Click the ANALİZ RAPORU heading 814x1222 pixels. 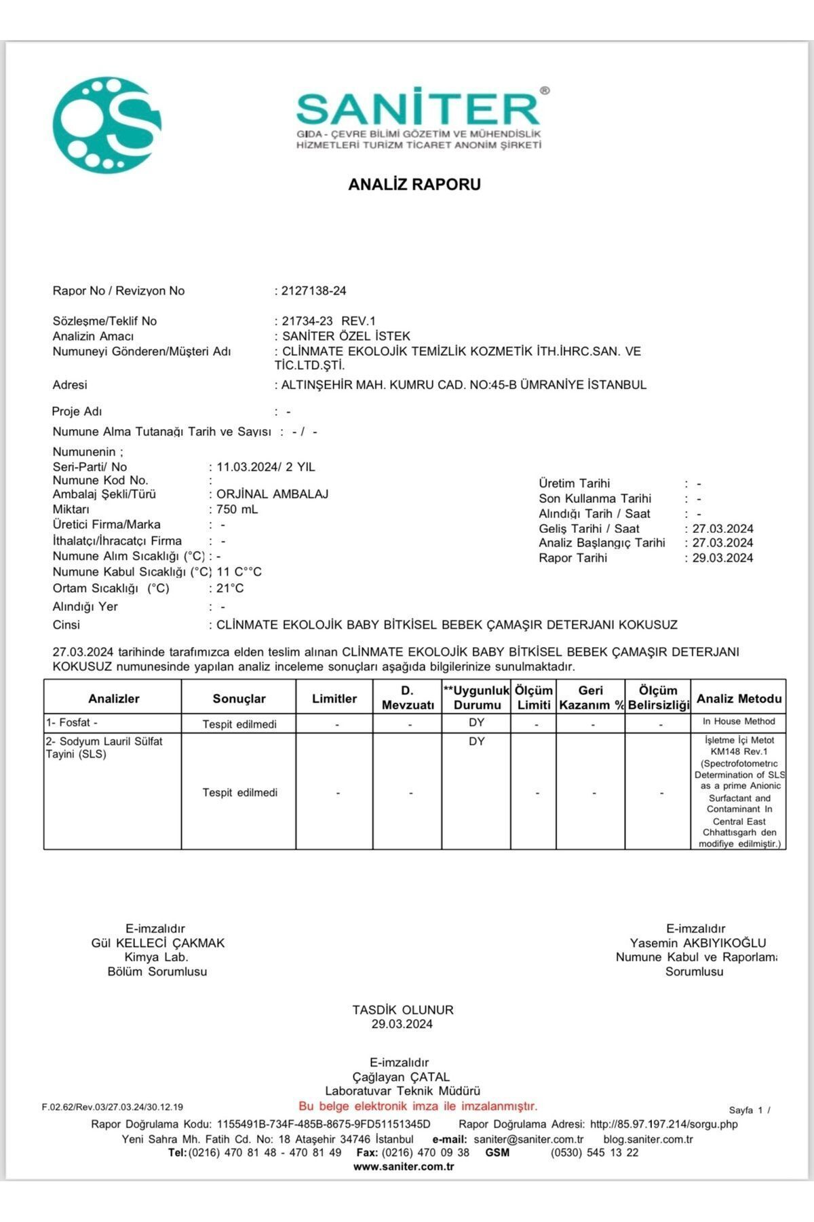click(414, 184)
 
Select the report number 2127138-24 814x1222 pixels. click(313, 291)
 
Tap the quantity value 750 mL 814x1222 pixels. click(237, 509)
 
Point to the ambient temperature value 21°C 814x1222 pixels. click(230, 588)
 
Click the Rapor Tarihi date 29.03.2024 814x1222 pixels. click(722, 558)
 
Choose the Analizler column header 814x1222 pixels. click(113, 699)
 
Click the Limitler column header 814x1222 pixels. click(334, 699)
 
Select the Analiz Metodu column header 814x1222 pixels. click(739, 699)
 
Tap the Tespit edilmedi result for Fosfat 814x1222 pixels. click(239, 724)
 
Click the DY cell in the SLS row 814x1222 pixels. click(476, 741)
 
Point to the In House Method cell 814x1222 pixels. click(739, 722)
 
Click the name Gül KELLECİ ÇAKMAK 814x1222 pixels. click(158, 943)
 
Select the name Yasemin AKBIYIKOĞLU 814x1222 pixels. click(697, 943)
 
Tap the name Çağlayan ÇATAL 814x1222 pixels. click(401, 1077)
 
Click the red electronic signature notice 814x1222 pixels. click(418, 1106)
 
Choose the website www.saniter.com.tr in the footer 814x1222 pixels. click(404, 1166)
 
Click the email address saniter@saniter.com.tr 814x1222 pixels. click(528, 1139)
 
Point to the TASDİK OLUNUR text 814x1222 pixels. click(403, 1010)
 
